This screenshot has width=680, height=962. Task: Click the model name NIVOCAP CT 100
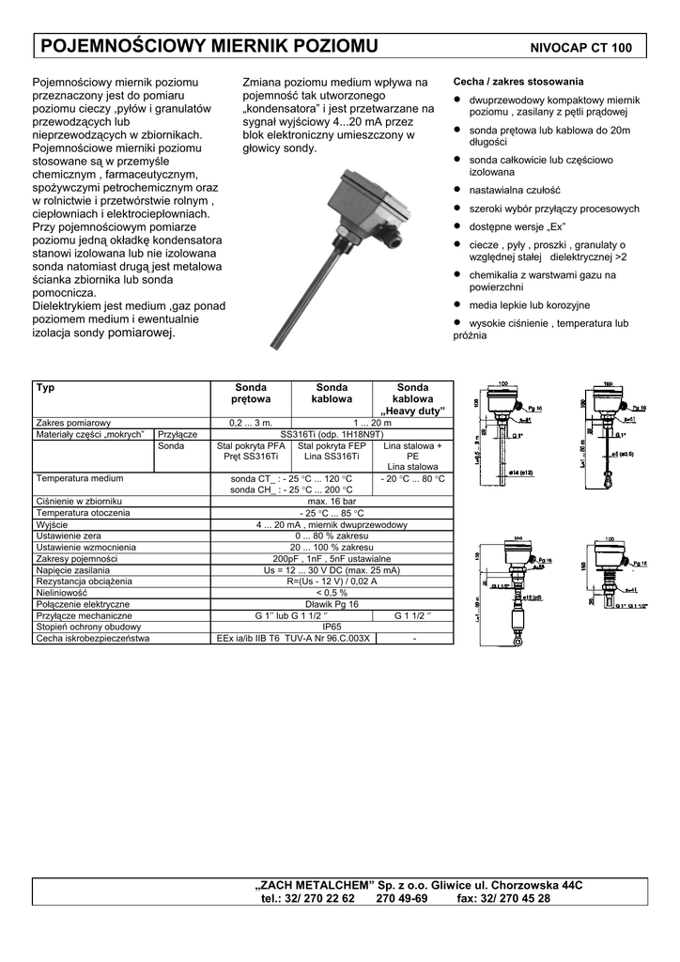click(581, 48)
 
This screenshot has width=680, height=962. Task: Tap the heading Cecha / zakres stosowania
click(518, 82)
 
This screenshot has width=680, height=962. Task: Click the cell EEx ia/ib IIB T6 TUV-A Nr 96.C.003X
click(293, 638)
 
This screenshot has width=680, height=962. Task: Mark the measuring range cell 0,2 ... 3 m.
click(250, 423)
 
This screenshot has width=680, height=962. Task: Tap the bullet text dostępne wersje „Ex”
click(515, 226)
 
